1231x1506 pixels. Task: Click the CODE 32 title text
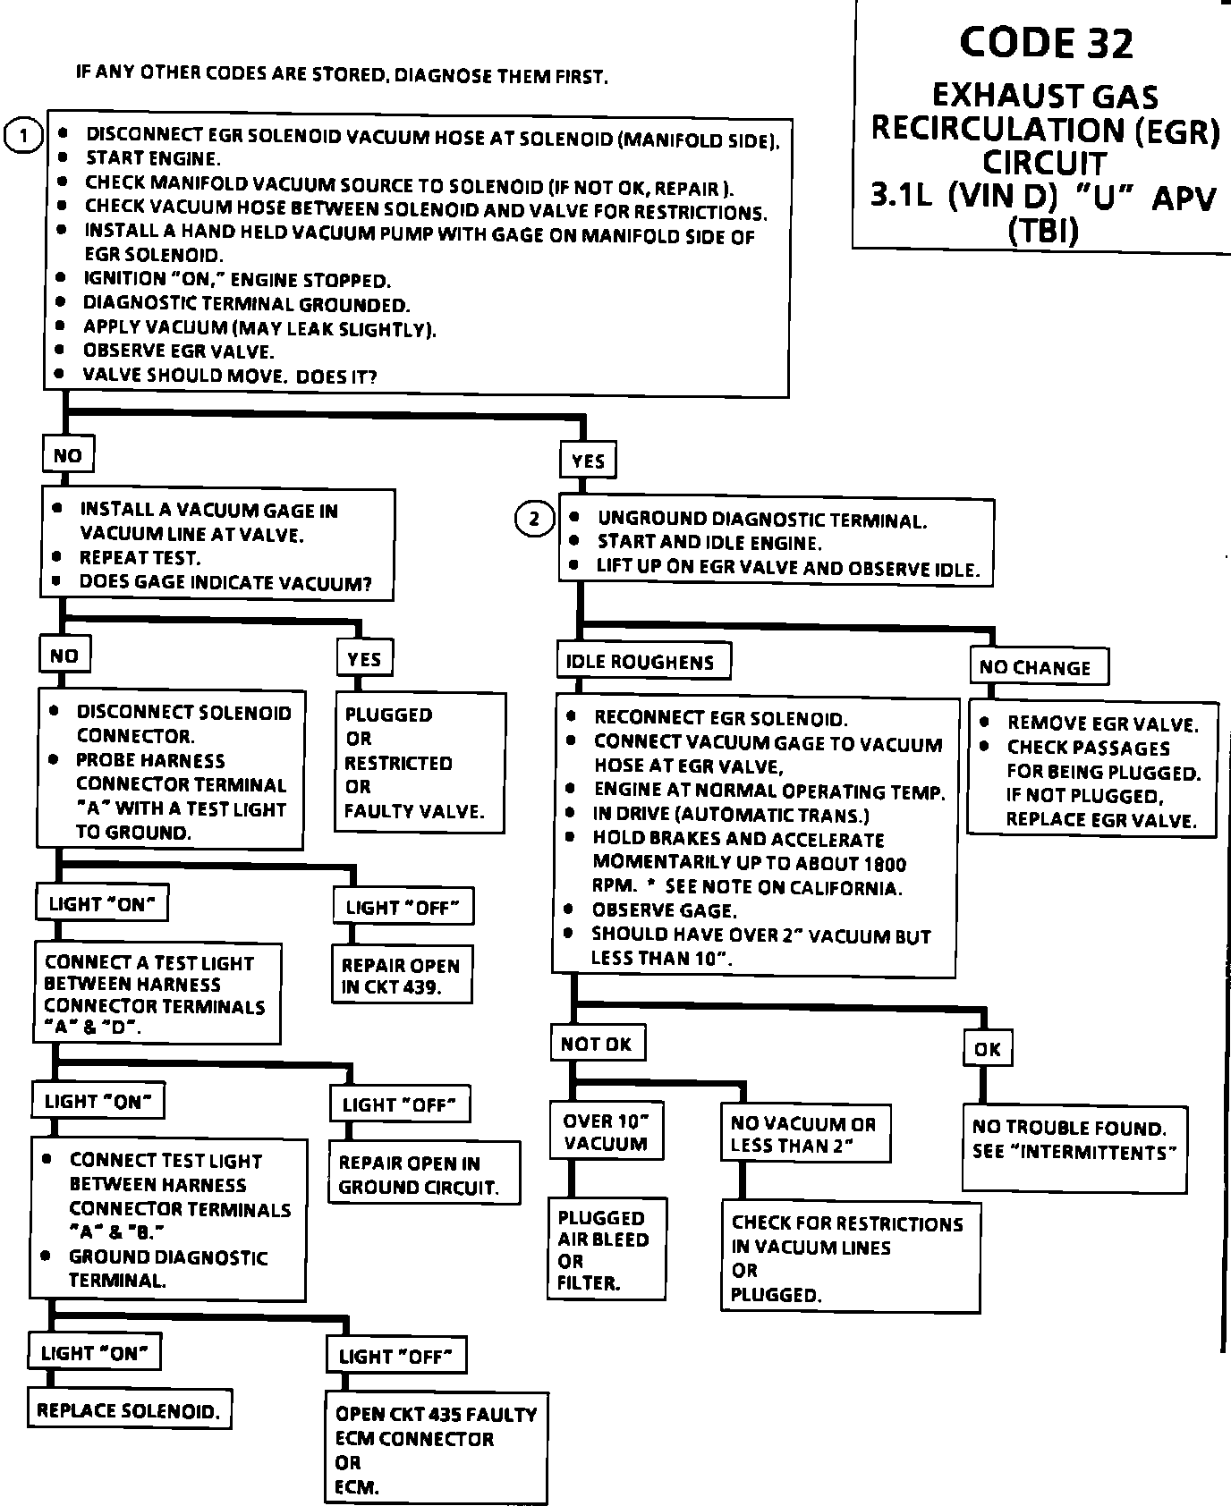point(1045,43)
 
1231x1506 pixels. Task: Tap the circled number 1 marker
point(23,137)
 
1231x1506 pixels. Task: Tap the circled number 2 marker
point(535,519)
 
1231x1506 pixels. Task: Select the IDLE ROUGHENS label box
point(642,662)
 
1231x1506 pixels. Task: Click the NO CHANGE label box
point(1038,667)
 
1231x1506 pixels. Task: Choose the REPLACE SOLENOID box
point(129,1411)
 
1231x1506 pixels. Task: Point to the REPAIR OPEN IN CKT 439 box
point(402,977)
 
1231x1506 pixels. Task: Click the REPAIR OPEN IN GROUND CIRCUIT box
point(424,1174)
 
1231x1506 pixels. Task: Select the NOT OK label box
point(597,1044)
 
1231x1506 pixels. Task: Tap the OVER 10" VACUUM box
point(607,1132)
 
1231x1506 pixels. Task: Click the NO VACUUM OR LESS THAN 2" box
point(805,1135)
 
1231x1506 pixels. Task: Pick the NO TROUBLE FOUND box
point(1074,1148)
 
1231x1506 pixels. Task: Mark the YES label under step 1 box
point(589,461)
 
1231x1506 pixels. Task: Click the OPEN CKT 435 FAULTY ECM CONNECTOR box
point(436,1450)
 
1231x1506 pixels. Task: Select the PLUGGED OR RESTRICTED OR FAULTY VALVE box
point(420,763)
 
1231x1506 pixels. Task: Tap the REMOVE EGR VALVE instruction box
point(1092,771)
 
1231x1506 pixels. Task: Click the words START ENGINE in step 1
point(152,159)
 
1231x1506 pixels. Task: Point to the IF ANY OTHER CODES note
point(342,74)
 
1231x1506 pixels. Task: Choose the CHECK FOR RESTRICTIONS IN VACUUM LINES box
point(850,1258)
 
